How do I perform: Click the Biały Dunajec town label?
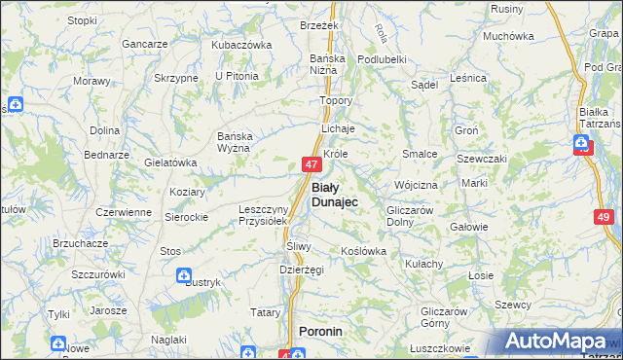click(x=334, y=194)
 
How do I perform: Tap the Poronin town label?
click(x=322, y=332)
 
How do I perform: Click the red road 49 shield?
click(x=604, y=218)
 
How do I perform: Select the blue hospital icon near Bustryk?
click(x=183, y=276)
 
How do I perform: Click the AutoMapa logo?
click(x=555, y=342)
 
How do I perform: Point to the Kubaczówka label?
click(x=240, y=45)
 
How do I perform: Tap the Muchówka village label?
click(x=508, y=36)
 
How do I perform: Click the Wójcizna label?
click(x=416, y=184)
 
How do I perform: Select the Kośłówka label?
click(x=364, y=251)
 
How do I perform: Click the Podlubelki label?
click(x=382, y=59)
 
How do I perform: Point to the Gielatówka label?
click(x=170, y=162)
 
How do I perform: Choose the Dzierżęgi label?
click(x=301, y=270)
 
